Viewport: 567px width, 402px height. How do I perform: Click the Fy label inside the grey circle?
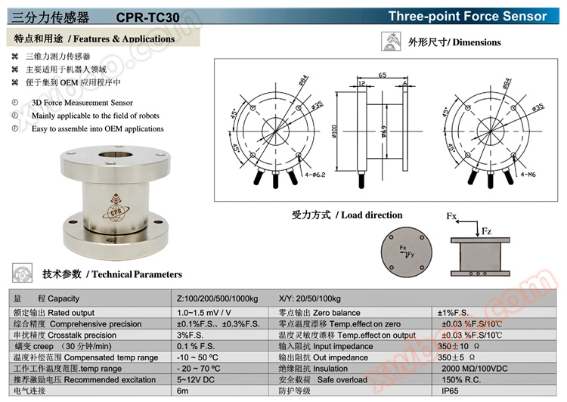(x=410, y=255)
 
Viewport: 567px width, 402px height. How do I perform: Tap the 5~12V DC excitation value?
(x=197, y=379)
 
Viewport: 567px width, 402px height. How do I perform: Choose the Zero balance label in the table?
(x=319, y=312)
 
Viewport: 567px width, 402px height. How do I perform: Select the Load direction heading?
(x=347, y=215)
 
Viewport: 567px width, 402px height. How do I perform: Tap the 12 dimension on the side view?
(x=362, y=84)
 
